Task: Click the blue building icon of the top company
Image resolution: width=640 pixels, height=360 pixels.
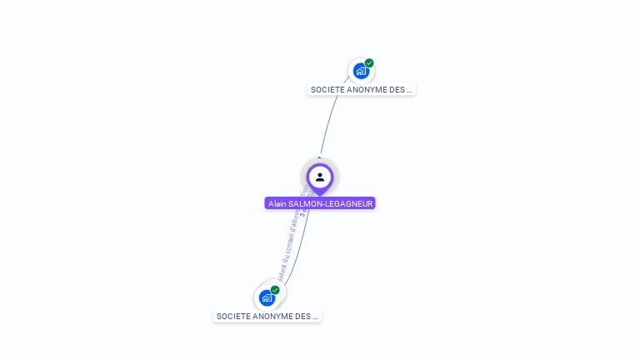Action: click(360, 71)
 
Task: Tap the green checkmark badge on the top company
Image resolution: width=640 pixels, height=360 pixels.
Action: click(369, 63)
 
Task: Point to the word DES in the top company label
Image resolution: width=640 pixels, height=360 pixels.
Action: click(397, 89)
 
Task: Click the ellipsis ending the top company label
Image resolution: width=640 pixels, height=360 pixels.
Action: click(409, 89)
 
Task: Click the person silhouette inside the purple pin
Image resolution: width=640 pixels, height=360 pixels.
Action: click(320, 177)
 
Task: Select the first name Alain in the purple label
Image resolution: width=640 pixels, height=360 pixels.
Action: click(277, 203)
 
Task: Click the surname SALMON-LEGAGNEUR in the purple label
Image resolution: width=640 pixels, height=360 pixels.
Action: click(330, 203)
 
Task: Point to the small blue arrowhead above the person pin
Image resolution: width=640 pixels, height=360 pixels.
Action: click(320, 157)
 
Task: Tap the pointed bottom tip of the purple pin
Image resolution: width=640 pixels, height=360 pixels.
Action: click(320, 194)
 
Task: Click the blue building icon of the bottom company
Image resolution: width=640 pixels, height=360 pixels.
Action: click(267, 297)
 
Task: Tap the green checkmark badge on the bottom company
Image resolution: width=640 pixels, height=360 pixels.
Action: click(275, 290)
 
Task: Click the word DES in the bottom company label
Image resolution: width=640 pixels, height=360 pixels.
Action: click(302, 317)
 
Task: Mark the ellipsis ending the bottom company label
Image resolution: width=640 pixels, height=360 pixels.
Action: click(315, 317)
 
